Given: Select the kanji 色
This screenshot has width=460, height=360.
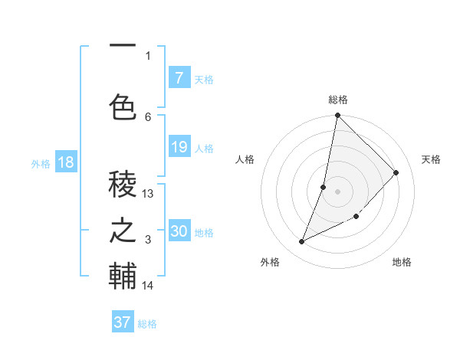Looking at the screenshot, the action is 123,106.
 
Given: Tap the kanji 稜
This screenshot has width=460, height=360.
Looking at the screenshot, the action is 123,185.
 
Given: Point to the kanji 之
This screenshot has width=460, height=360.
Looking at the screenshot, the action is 123,230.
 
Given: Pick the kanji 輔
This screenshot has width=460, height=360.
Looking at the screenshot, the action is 123,276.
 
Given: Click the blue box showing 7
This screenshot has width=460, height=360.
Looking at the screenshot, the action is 179,78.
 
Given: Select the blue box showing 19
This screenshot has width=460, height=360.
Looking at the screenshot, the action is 179,147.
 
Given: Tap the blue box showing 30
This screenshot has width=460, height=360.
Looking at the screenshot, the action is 179,231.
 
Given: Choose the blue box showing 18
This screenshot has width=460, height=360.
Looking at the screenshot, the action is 65,162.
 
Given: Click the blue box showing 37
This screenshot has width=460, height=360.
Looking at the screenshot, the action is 123,322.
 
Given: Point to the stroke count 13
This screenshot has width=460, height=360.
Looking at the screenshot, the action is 148,194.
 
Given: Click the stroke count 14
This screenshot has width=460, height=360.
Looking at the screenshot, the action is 148,286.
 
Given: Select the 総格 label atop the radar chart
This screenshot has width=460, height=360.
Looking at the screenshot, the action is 338,100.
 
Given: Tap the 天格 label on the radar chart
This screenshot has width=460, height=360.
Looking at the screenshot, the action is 431,159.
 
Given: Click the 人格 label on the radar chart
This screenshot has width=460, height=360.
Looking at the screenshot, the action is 245,159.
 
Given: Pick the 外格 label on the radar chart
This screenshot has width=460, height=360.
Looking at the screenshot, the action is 270,263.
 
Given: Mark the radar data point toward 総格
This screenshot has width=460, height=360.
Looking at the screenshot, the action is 337,116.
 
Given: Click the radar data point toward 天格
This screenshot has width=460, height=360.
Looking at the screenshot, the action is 396,172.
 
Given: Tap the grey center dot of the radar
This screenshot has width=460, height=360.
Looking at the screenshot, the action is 337,191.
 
